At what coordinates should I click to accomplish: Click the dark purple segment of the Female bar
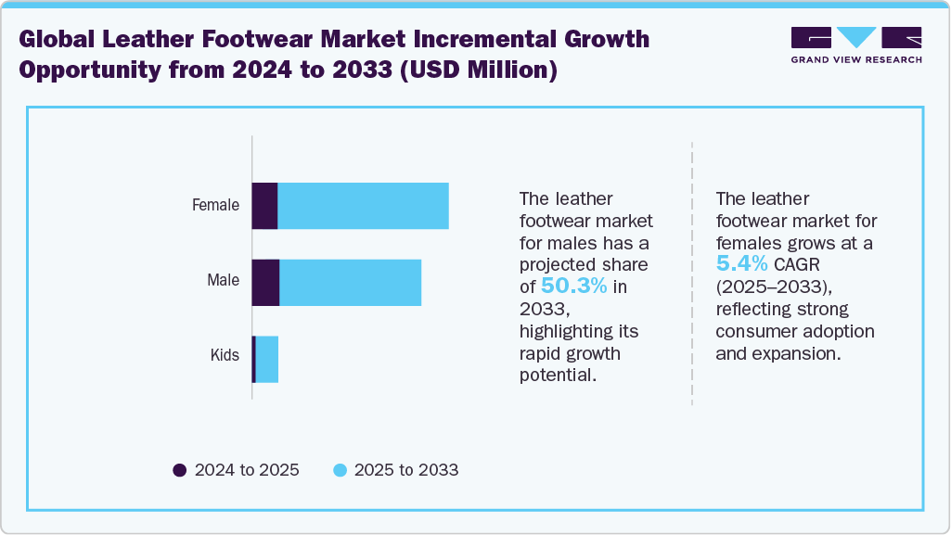tap(265, 206)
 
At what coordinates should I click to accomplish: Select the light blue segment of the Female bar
tap(363, 206)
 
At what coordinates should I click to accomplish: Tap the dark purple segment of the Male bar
tap(266, 283)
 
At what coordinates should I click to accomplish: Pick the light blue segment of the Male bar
tap(350, 283)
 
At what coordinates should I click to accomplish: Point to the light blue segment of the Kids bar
tap(267, 359)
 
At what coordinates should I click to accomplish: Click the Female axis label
tap(215, 205)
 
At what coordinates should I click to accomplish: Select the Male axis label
tap(223, 280)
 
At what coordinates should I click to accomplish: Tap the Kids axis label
tap(224, 355)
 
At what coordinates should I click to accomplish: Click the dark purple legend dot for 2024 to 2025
tap(180, 470)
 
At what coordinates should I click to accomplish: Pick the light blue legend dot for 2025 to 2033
tap(340, 470)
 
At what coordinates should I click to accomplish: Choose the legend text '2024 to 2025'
tap(247, 470)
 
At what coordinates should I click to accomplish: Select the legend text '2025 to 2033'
tap(406, 470)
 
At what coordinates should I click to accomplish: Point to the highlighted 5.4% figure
tap(742, 264)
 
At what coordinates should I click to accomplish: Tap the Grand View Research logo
tap(856, 45)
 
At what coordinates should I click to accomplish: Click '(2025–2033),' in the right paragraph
tap(770, 287)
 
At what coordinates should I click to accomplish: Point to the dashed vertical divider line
tap(692, 274)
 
